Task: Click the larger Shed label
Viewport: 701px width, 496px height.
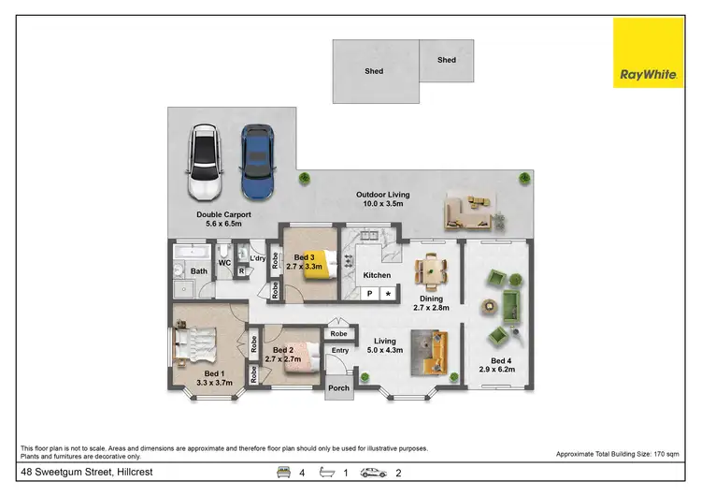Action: [x=375, y=70]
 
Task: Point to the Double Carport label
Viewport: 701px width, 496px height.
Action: [x=220, y=219]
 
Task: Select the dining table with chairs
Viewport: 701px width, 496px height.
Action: [x=431, y=270]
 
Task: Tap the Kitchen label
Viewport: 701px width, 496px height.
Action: [x=377, y=275]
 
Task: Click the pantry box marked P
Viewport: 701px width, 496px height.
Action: [x=369, y=294]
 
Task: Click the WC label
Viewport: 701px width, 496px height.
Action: [x=224, y=263]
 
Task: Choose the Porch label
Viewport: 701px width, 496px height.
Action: [x=338, y=388]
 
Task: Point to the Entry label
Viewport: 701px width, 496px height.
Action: [x=340, y=351]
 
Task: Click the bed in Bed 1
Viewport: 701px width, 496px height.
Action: [x=198, y=347]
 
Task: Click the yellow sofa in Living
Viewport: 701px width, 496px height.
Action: [x=436, y=353]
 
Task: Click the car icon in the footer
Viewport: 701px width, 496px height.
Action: [x=374, y=473]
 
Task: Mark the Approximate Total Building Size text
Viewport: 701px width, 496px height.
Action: [x=617, y=453]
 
